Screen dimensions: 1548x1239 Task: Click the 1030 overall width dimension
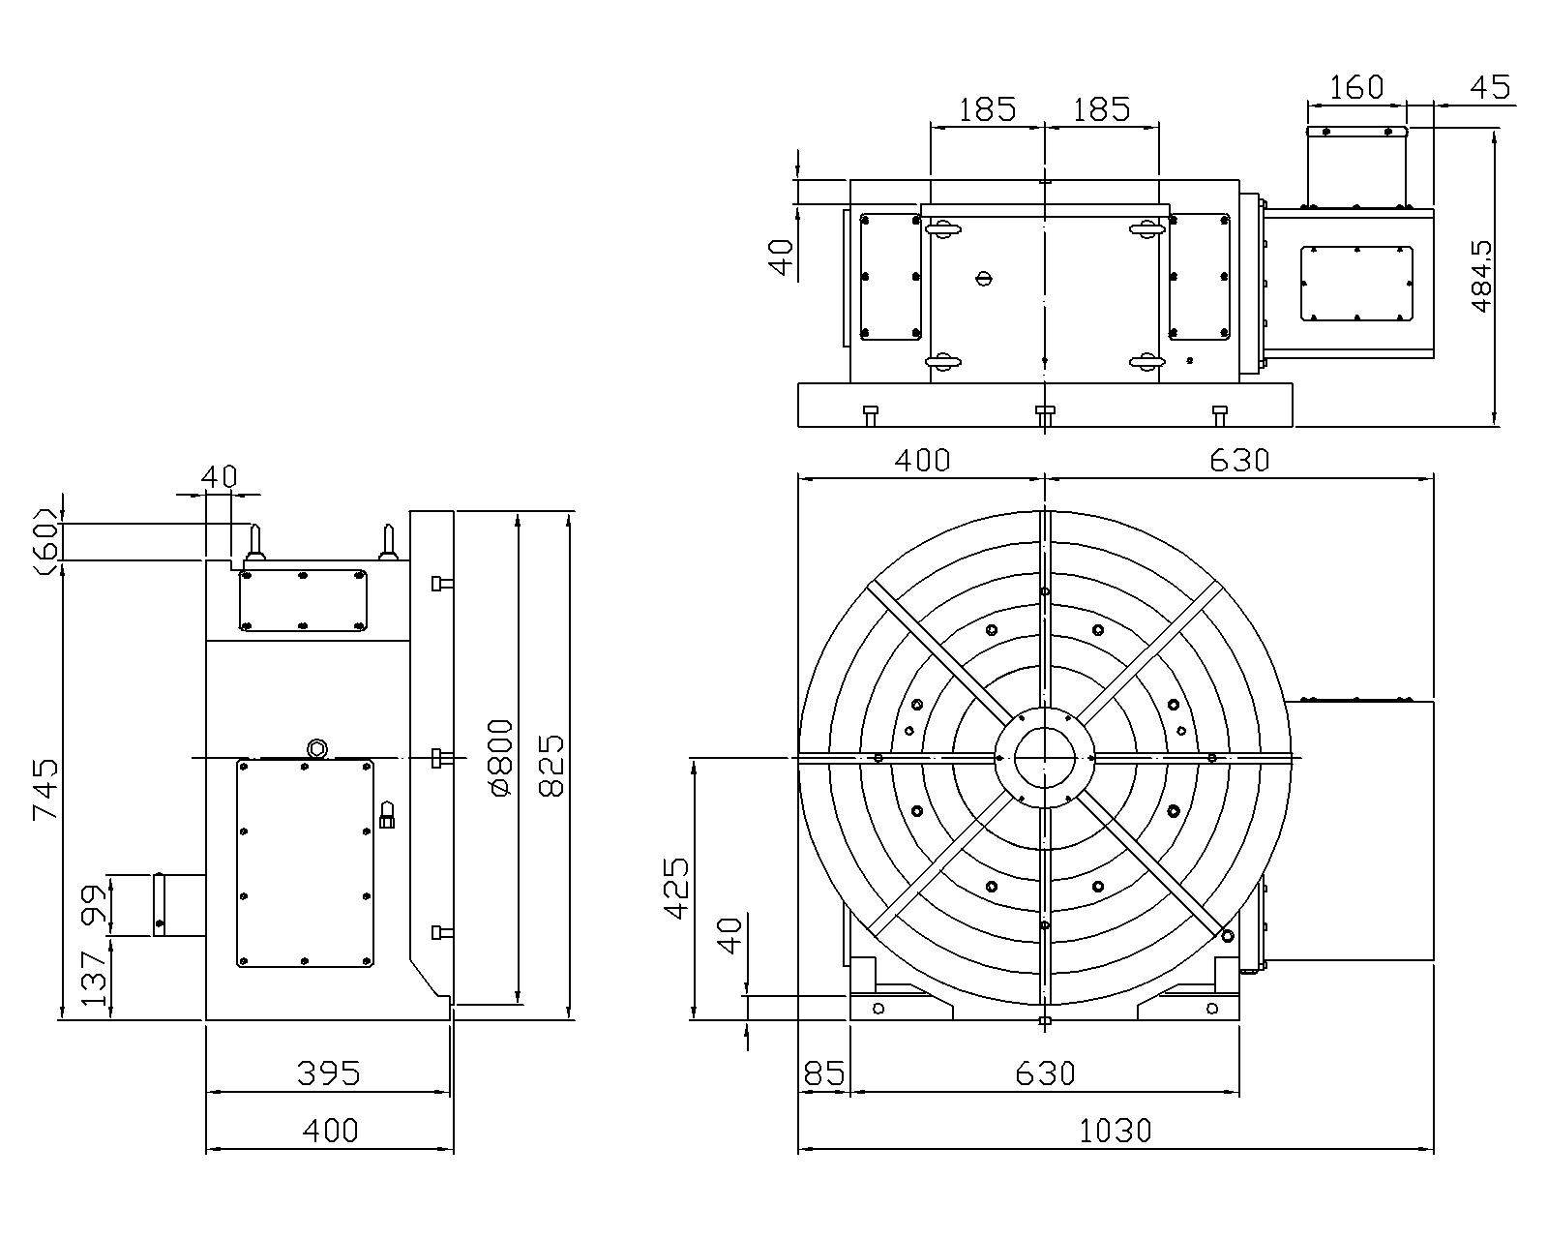click(1115, 1131)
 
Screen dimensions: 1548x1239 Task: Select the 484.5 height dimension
click(1482, 277)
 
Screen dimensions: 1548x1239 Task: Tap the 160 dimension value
click(1355, 88)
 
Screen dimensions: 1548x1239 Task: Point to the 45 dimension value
click(1491, 88)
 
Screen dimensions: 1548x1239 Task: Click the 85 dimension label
click(823, 1074)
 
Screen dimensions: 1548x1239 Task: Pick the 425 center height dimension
click(676, 888)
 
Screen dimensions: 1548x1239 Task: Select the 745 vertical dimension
click(45, 789)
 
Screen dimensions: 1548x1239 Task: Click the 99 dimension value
click(94, 905)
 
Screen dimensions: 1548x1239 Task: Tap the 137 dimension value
click(94, 980)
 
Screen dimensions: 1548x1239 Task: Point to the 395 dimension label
click(329, 1073)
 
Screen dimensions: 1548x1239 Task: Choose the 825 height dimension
click(552, 766)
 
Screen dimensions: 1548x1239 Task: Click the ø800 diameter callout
click(501, 757)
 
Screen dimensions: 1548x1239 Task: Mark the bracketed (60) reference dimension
click(45, 542)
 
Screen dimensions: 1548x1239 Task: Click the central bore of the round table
click(1045, 757)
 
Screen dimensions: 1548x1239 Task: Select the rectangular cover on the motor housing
click(1355, 283)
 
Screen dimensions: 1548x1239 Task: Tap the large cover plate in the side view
click(305, 862)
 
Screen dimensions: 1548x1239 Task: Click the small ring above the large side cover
click(316, 749)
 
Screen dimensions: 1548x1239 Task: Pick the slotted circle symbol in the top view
click(984, 278)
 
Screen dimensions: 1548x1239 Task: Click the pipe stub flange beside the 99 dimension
click(159, 904)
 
